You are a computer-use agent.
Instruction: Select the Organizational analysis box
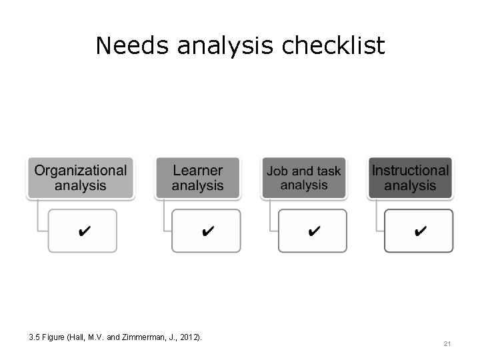click(x=81, y=178)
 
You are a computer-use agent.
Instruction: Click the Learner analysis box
click(x=197, y=178)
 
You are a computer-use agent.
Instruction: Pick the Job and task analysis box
click(x=304, y=178)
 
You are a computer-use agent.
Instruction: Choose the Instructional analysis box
click(x=410, y=178)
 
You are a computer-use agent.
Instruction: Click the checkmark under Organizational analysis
click(x=85, y=231)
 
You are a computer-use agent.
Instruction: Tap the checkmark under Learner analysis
click(x=207, y=231)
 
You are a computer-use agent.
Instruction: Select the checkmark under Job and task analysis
click(x=314, y=231)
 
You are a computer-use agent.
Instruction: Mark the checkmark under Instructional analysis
click(x=421, y=231)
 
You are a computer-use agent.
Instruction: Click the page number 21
click(x=447, y=344)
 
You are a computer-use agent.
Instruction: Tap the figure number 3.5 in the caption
click(x=35, y=337)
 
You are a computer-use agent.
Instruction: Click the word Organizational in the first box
click(x=81, y=171)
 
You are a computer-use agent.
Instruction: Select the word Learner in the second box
click(x=197, y=171)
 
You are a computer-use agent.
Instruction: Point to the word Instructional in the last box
click(x=410, y=171)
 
